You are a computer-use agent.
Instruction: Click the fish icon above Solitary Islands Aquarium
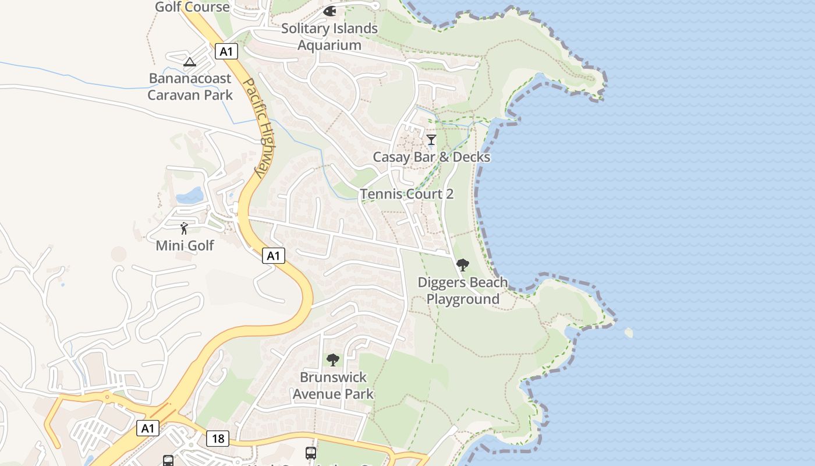pos(329,11)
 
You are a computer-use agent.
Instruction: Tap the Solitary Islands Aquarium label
pos(329,37)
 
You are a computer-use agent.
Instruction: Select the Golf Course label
pos(192,7)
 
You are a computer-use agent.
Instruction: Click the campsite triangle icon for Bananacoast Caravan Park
pos(190,62)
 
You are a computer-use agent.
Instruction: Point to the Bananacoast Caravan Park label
pos(190,87)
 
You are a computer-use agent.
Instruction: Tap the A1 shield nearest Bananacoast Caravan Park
pos(226,51)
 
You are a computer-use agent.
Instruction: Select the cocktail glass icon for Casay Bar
pos(431,140)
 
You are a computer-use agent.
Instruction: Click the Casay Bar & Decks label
pos(431,157)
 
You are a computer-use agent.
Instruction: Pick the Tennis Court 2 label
pos(406,194)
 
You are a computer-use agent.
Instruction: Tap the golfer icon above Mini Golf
pos(185,228)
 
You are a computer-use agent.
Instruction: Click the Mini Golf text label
pos(185,246)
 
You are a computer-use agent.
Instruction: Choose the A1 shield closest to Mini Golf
pos(273,255)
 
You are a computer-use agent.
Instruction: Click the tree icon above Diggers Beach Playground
pos(463,266)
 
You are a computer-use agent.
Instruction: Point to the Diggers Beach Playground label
pos(463,291)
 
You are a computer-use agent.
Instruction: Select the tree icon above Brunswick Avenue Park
pos(332,360)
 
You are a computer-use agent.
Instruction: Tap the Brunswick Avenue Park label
pos(333,386)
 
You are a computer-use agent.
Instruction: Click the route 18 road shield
pos(217,438)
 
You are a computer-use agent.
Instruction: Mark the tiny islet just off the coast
pos(628,333)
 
